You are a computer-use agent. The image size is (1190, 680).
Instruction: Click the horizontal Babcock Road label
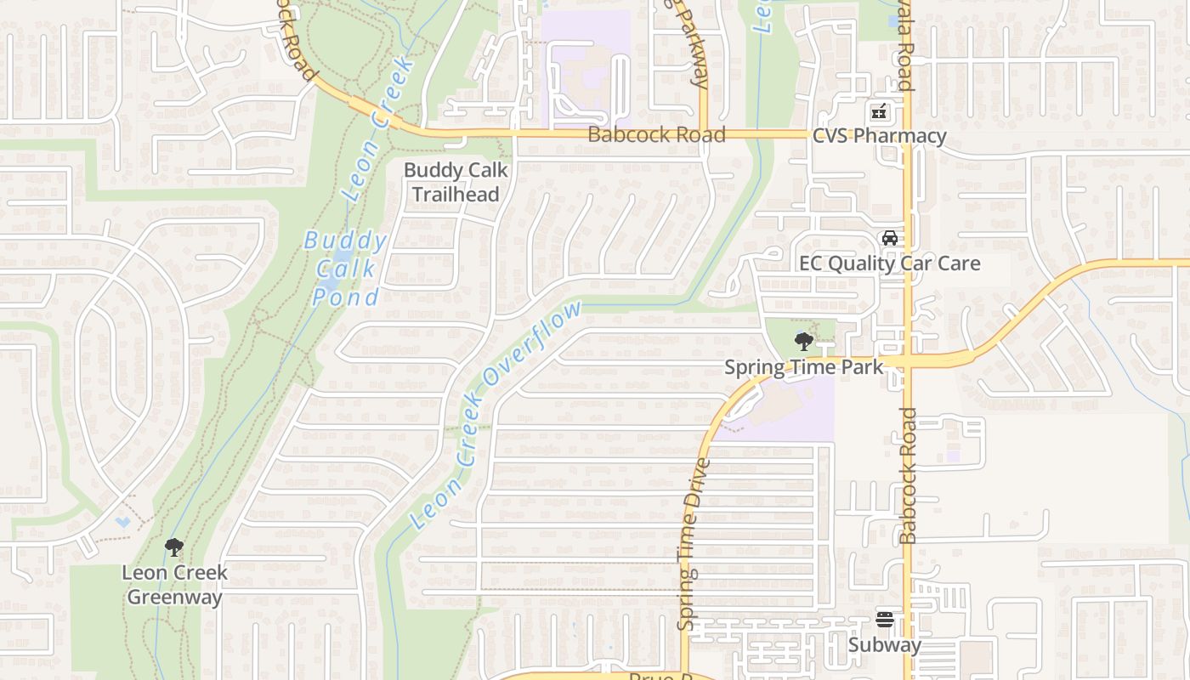(x=656, y=134)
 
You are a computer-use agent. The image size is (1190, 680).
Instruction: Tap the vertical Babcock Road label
(x=908, y=476)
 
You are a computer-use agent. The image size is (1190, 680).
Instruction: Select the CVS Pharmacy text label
(x=879, y=136)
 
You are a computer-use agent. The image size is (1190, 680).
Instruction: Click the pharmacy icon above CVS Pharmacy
(x=879, y=111)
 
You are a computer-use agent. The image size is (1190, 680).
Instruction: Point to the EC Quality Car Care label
(x=889, y=263)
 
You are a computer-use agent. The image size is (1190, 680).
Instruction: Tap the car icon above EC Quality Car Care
(x=889, y=238)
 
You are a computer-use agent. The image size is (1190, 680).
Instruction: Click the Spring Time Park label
(x=803, y=367)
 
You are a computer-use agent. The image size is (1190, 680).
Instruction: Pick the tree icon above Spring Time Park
(x=803, y=342)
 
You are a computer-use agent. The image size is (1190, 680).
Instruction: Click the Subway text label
(x=885, y=645)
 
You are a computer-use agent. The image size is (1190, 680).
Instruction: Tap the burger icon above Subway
(x=885, y=620)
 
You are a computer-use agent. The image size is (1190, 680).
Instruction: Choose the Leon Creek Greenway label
(x=174, y=584)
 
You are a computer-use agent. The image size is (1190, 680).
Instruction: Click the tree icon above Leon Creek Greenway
(x=174, y=547)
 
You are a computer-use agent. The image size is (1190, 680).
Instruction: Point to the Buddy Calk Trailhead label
(x=456, y=182)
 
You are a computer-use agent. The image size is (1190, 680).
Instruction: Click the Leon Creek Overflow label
(x=496, y=415)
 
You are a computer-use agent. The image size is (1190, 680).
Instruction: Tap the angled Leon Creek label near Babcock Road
(x=380, y=127)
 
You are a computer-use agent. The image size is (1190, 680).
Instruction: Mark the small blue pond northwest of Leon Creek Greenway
(x=124, y=522)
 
